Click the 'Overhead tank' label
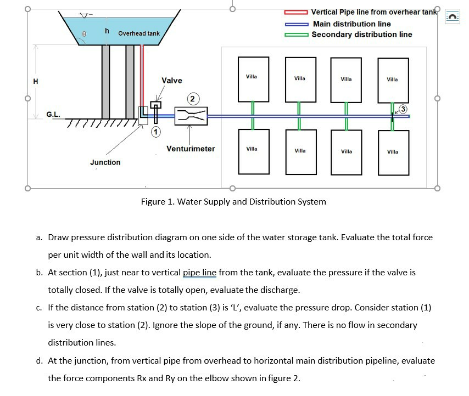point(138,33)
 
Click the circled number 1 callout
point(156,132)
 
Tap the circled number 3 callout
point(404,109)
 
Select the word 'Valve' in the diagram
point(172,81)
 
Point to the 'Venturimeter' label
point(191,149)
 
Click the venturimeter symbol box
point(191,116)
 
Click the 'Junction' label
point(105,162)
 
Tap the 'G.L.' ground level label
point(53,115)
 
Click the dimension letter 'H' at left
point(36,82)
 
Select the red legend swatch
point(296,12)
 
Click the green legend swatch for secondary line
point(296,35)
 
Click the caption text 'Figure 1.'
point(158,201)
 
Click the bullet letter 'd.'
point(40,361)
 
